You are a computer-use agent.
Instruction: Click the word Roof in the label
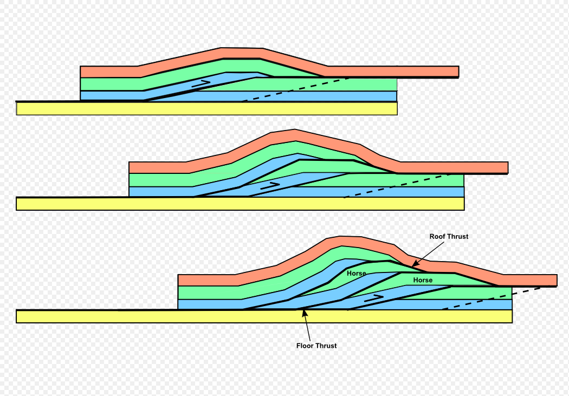[x=438, y=237]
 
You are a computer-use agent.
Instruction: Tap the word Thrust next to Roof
[x=458, y=237]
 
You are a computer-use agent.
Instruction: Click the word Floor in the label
[x=306, y=346]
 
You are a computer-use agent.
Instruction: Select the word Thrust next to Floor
[x=326, y=346]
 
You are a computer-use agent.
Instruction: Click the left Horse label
[x=357, y=274]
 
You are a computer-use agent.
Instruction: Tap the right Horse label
[x=423, y=280]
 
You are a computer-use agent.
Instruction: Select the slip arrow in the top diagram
[x=201, y=83]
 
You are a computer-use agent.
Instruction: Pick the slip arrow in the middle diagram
[x=270, y=185]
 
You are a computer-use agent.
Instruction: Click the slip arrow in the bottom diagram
[x=374, y=297]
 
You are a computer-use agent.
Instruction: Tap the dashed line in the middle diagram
[x=396, y=186]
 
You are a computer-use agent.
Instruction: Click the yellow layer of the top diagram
[x=206, y=108]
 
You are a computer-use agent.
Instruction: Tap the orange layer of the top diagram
[x=108, y=72]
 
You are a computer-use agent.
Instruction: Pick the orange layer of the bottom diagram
[x=206, y=280]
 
